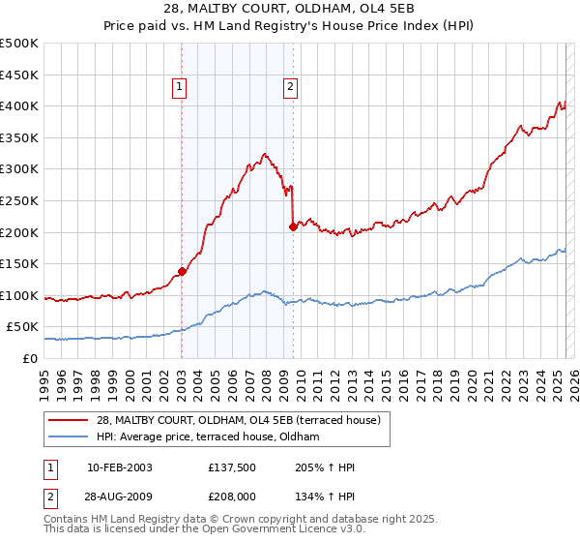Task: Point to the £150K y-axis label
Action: tap(19, 263)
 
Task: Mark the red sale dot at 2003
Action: tap(182, 271)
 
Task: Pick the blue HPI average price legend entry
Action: tap(213, 437)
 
